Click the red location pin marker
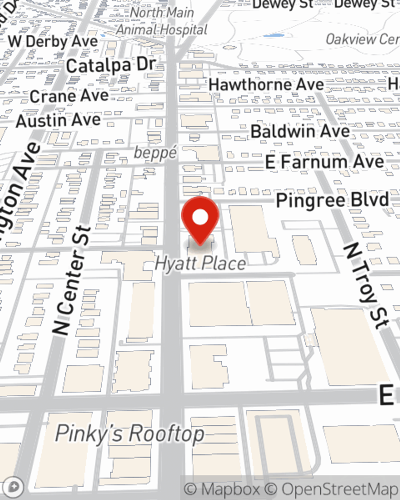[200, 218]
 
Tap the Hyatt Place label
[200, 264]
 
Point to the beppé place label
[155, 152]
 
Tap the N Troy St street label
[366, 286]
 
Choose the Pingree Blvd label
[332, 200]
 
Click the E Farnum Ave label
[324, 162]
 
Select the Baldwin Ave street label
[300, 131]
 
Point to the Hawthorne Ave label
[266, 84]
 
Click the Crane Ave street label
[69, 96]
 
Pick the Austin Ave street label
[58, 120]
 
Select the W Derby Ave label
[53, 41]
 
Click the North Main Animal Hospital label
[162, 21]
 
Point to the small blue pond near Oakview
[274, 36]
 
